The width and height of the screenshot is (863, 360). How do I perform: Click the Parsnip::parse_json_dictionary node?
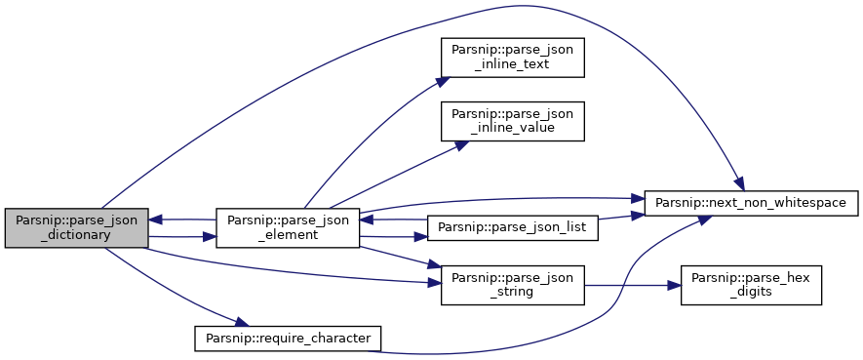[76, 228]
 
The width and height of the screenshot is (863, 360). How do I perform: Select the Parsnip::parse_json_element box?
[288, 228]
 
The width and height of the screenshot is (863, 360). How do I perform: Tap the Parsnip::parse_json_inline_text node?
[512, 58]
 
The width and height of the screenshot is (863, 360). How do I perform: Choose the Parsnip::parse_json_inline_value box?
[512, 121]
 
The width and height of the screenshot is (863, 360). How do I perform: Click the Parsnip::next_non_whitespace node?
[751, 203]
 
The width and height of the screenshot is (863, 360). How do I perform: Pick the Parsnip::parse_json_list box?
[512, 228]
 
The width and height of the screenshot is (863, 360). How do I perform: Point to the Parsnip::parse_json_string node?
[512, 285]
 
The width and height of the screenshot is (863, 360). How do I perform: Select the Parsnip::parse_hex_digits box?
[751, 285]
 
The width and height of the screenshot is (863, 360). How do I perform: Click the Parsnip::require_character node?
[288, 339]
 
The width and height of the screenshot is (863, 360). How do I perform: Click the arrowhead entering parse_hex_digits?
[676, 286]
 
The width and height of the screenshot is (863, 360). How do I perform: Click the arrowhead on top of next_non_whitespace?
[740, 184]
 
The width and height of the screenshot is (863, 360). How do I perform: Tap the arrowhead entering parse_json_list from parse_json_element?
[421, 238]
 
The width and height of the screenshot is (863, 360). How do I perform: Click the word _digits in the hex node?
[751, 293]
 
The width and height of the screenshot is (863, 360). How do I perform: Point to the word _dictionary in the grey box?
[76, 235]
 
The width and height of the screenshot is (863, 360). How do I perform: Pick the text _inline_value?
[512, 128]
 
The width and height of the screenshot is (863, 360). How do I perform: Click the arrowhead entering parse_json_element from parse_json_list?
[366, 220]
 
